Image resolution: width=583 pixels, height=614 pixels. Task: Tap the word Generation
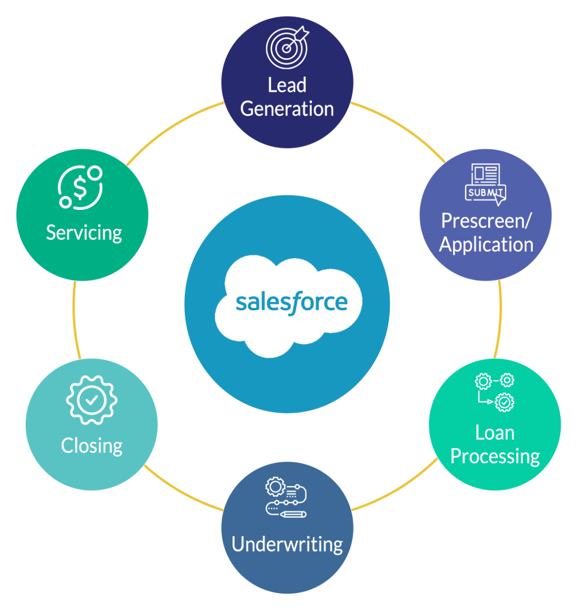(x=287, y=109)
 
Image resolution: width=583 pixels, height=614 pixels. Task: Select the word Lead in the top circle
(x=287, y=85)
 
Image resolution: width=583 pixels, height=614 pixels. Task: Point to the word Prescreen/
(x=486, y=221)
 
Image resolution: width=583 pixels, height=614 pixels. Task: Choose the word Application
(x=486, y=244)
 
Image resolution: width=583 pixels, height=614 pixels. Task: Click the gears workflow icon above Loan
(x=495, y=392)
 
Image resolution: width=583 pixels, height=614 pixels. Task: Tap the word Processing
(x=495, y=457)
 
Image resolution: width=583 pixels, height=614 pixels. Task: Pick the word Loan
(x=495, y=433)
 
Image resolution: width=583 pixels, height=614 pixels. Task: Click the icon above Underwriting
(x=287, y=498)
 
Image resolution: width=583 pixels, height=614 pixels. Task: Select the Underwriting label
(x=287, y=544)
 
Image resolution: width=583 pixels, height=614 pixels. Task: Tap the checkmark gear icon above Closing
(x=91, y=400)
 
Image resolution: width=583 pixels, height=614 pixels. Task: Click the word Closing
(x=91, y=445)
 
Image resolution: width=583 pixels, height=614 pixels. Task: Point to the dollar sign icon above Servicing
(x=80, y=188)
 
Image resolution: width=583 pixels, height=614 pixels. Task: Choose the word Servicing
(x=84, y=233)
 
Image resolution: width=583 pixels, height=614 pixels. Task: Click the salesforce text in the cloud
(x=291, y=303)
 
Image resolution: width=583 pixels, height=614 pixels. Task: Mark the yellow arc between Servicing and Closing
(x=75, y=321)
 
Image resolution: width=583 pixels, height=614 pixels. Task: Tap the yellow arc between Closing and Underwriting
(x=182, y=493)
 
